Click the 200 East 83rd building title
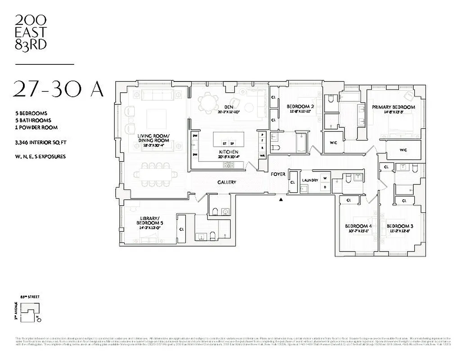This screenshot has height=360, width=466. [31, 32]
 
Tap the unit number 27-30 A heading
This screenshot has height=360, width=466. [59, 89]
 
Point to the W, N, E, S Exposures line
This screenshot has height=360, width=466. [40, 157]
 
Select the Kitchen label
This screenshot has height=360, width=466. [228, 153]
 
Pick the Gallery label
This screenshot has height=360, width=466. [227, 182]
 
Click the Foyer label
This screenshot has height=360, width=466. [278, 174]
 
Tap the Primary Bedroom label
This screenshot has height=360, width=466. [393, 107]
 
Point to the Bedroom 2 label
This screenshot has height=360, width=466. [300, 107]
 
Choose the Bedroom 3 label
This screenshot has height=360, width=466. [400, 226]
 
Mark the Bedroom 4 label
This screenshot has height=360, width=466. [358, 226]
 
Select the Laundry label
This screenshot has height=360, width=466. [310, 180]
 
